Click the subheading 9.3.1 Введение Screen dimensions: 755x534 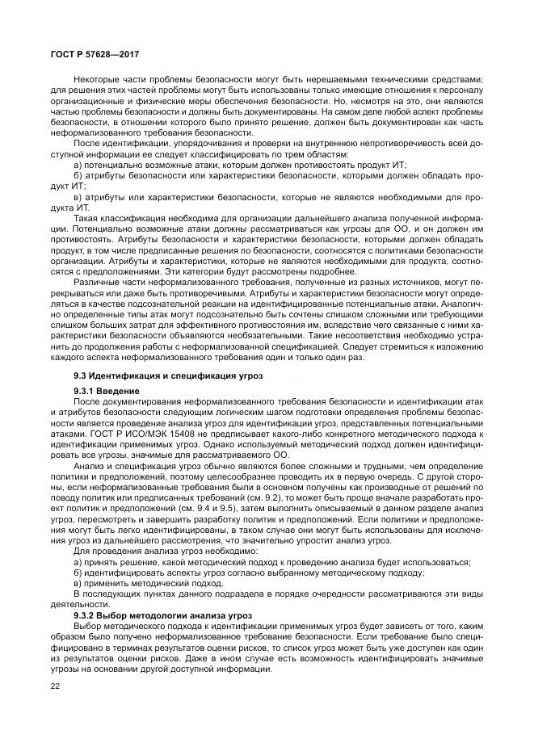coord(106,391)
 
